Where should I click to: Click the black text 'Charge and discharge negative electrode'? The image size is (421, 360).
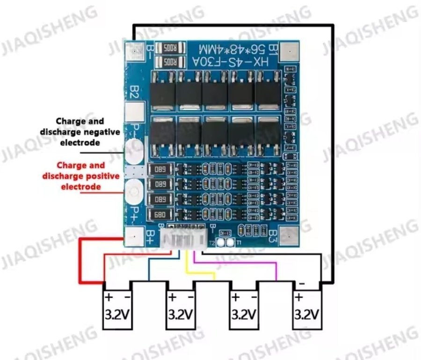pyautogui.click(x=80, y=132)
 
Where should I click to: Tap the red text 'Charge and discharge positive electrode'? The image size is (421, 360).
pyautogui.click(x=80, y=176)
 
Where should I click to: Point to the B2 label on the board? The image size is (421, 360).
pyautogui.click(x=134, y=92)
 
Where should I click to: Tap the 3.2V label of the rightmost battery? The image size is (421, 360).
pyautogui.click(x=307, y=313)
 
